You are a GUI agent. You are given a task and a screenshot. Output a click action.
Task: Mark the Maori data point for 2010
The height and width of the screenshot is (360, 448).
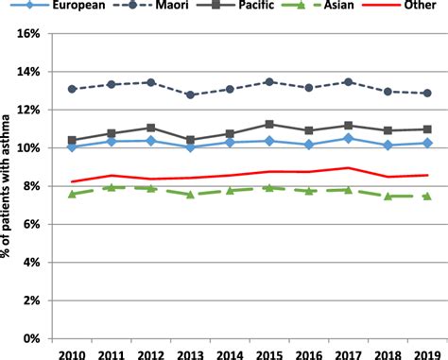[73, 89]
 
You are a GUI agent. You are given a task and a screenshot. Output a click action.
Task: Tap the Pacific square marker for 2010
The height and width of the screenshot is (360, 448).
[73, 140]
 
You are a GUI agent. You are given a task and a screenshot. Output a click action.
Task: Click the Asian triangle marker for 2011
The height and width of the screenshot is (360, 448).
[112, 187]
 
